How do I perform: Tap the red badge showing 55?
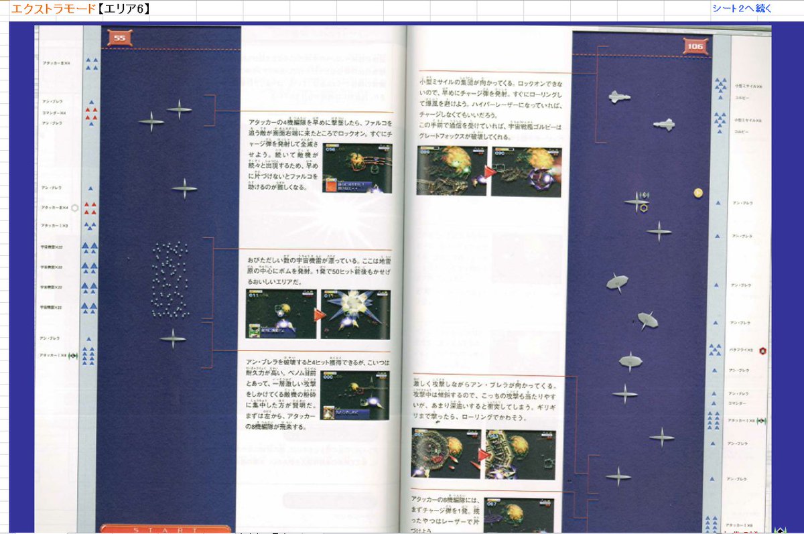coord(120,38)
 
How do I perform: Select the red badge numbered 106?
coord(695,46)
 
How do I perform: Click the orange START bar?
coord(165,529)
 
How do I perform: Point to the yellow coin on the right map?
coord(697,193)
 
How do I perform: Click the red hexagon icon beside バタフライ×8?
coord(762,350)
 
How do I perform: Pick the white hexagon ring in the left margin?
coord(75,208)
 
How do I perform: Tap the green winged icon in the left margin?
coord(73,356)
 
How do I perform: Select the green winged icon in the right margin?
coord(762,421)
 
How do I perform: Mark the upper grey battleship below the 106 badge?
coord(620,97)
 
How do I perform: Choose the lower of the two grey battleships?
coord(663,124)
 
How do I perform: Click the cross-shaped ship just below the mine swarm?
coord(173,338)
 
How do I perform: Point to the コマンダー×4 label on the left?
coord(54,113)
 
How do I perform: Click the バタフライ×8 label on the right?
coord(741,350)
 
